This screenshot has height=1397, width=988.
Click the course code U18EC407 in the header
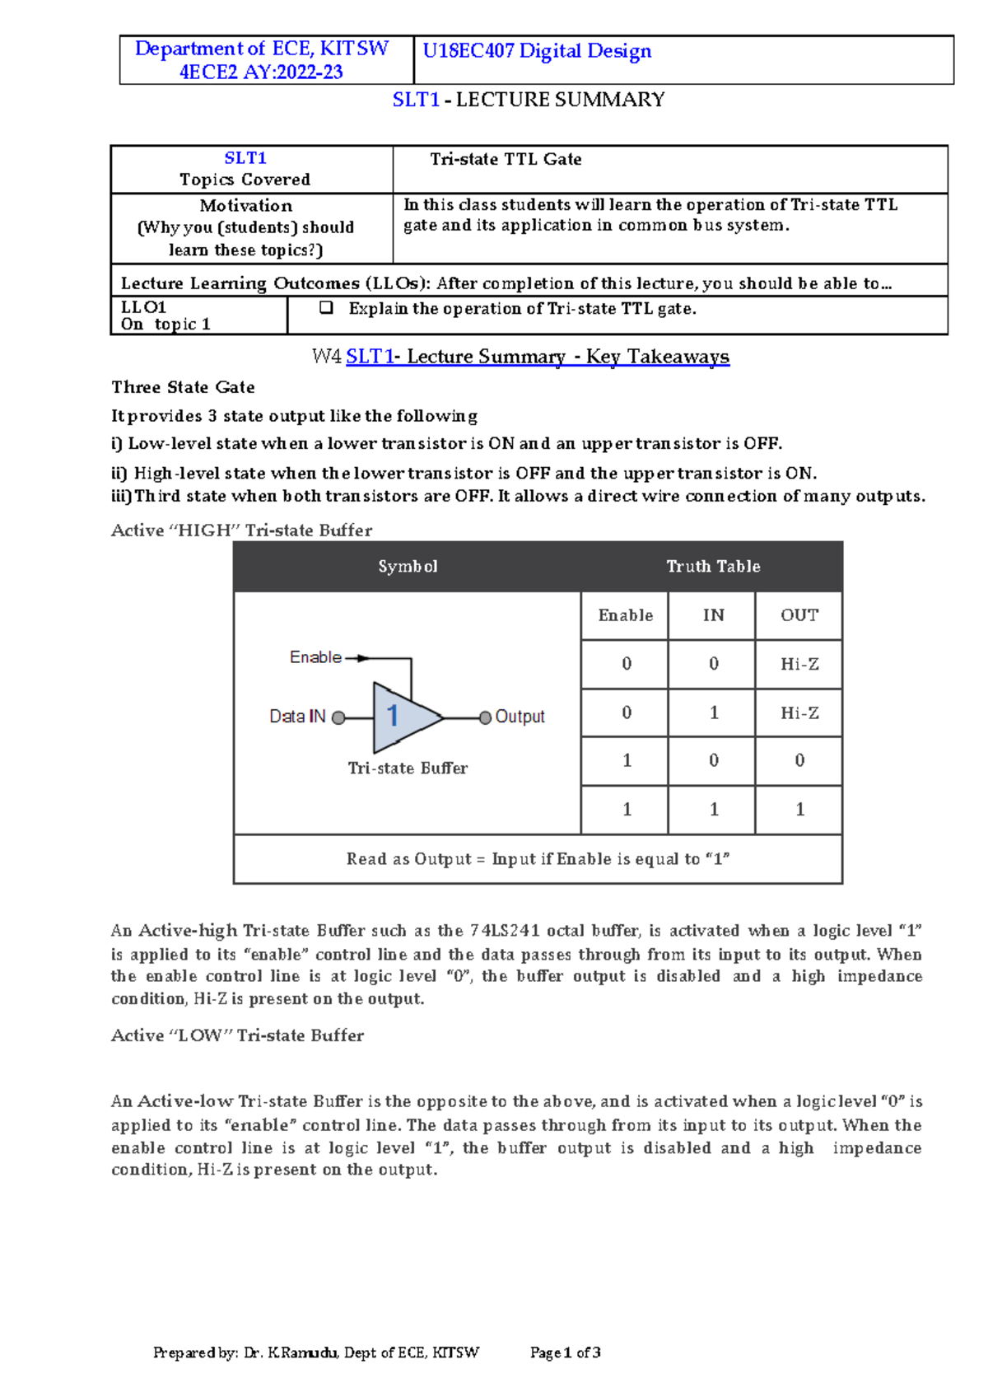click(468, 51)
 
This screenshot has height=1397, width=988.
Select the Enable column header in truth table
click(625, 615)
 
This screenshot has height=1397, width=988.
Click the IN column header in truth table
click(713, 615)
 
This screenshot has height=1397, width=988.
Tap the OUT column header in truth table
click(799, 615)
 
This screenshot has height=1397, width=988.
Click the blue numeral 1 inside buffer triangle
click(393, 716)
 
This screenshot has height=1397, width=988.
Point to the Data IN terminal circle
click(338, 717)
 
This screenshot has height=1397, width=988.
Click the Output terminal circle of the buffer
click(485, 717)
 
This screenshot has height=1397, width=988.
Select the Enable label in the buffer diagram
click(315, 657)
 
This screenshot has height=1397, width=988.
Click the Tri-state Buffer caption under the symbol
click(407, 768)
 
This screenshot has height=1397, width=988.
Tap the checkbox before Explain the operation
click(326, 308)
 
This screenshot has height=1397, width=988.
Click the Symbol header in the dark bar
click(408, 567)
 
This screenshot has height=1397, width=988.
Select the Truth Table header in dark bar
click(713, 567)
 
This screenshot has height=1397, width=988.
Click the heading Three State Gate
click(183, 387)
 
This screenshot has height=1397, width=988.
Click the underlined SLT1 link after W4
click(370, 357)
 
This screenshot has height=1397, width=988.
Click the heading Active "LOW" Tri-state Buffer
click(237, 1035)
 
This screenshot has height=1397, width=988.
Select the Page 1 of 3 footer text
click(565, 1353)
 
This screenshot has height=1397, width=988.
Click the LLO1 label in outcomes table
click(143, 307)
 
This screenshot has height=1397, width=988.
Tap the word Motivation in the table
click(245, 206)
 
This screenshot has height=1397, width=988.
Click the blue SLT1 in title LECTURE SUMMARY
click(416, 100)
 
